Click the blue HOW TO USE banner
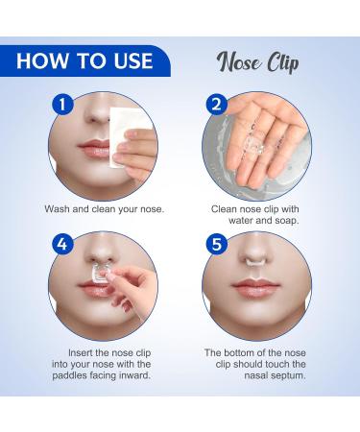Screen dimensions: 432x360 (84, 60)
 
